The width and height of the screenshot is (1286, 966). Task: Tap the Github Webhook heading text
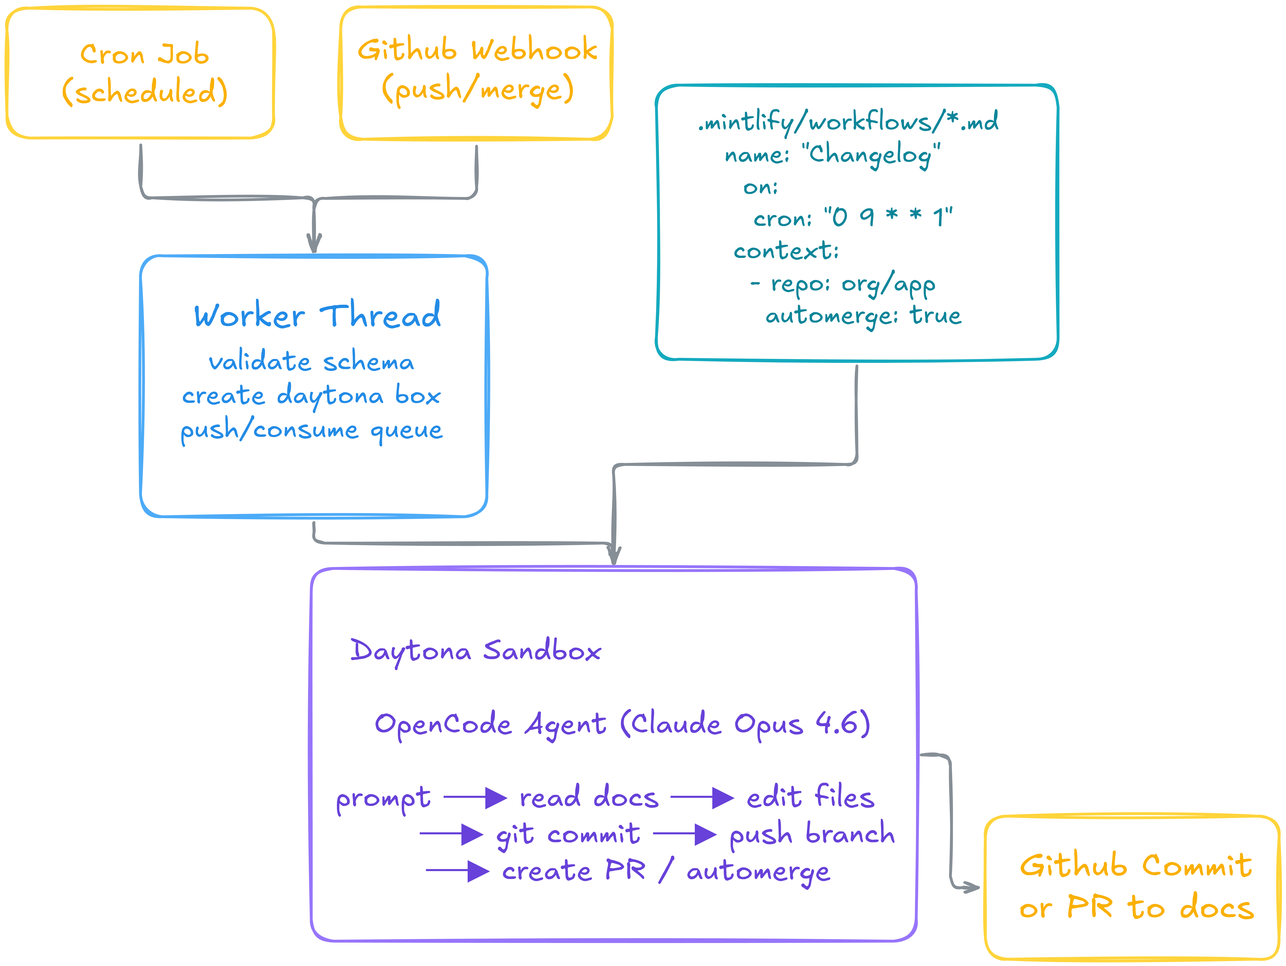[477, 50]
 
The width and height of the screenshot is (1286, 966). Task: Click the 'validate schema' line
[312, 361]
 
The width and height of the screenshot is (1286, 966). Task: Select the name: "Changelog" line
[833, 154]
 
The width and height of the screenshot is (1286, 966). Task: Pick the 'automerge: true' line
[863, 316]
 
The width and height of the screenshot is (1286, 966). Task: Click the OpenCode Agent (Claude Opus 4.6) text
[622, 724]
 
